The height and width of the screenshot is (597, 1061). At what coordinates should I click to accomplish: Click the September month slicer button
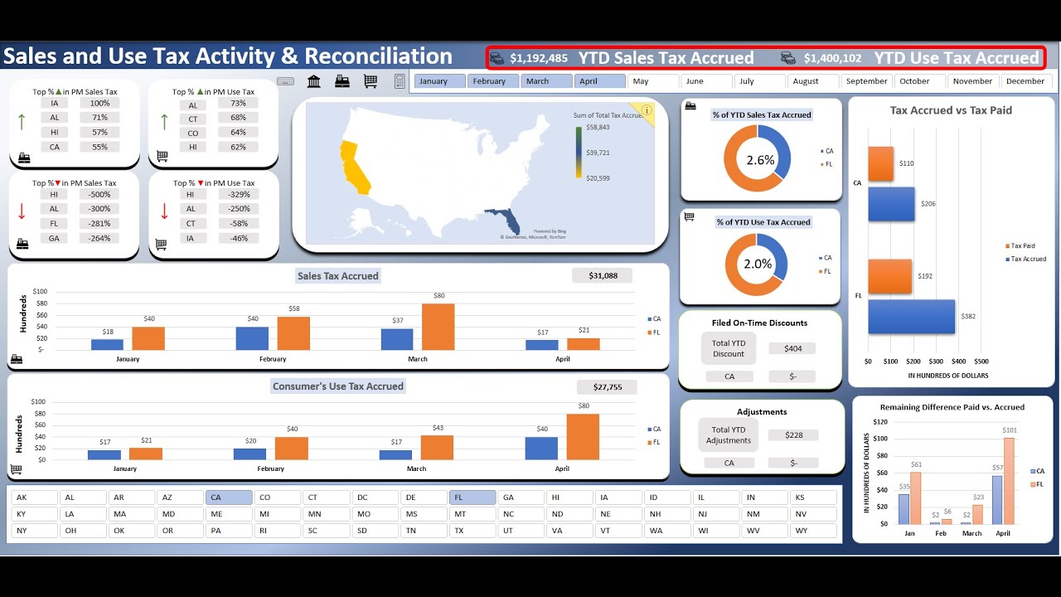pos(867,81)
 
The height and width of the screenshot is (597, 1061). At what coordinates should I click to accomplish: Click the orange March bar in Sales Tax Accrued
pos(438,327)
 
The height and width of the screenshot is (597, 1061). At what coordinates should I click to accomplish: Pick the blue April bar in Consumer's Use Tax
pos(541,449)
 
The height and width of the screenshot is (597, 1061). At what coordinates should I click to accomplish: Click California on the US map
pos(352,166)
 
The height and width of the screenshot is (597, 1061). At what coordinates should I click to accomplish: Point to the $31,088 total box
pos(602,275)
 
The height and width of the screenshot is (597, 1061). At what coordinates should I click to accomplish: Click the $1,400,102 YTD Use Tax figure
pos(832,58)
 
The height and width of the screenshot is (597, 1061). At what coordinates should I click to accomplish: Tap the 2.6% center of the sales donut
pos(760,160)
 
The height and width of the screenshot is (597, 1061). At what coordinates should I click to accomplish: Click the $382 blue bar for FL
pos(911,317)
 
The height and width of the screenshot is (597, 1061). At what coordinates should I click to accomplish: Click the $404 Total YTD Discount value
pos(792,349)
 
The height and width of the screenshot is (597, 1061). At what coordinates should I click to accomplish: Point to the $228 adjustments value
pos(792,435)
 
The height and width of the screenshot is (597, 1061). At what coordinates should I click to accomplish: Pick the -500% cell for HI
pos(99,195)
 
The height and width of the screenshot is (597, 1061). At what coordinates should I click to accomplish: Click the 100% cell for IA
pos(99,104)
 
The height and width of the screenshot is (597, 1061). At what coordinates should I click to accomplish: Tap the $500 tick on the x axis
pos(981,362)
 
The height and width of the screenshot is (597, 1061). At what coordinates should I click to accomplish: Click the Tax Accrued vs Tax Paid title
pos(951,110)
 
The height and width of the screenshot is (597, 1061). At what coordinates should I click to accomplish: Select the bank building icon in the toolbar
pos(314,81)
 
